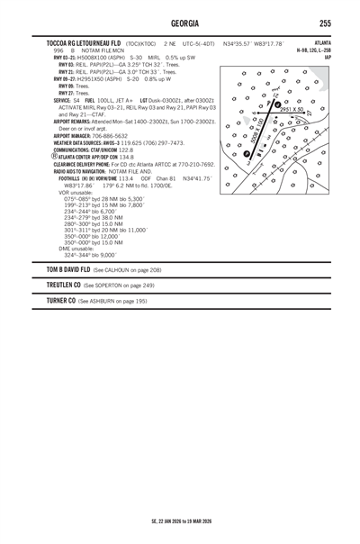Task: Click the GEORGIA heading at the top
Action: pyautogui.click(x=179, y=23)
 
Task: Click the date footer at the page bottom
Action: pyautogui.click(x=180, y=521)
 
